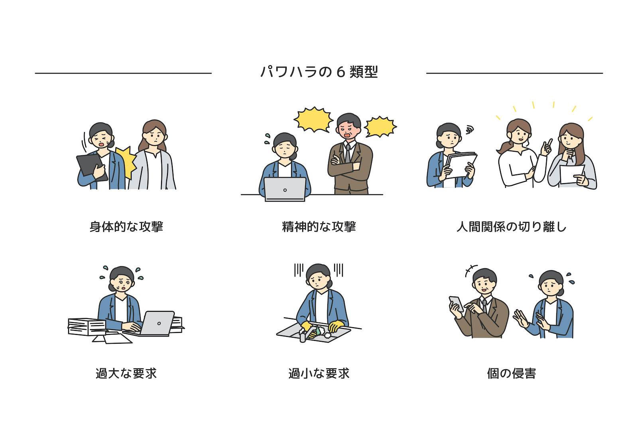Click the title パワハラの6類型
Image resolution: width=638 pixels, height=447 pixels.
tap(319, 72)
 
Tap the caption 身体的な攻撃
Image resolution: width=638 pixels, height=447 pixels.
tap(126, 227)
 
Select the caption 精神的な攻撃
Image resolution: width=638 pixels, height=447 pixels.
tap(319, 227)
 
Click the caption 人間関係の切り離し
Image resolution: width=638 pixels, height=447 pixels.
tap(512, 227)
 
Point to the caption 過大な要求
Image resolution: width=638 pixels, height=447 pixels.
tap(126, 373)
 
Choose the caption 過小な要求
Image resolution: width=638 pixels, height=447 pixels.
tap(319, 373)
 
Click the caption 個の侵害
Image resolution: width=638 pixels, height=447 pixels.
tap(512, 373)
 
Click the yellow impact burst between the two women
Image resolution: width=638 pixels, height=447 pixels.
tap(126, 162)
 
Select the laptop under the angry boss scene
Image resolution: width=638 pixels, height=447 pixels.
tap(285, 189)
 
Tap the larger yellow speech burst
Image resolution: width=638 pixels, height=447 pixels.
tap(313, 120)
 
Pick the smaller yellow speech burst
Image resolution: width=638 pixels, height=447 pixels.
tap(380, 127)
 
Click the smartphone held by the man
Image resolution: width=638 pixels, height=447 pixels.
tap(456, 304)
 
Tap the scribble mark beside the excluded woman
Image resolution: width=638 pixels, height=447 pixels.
tap(469, 130)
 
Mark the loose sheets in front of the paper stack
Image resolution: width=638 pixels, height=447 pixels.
tap(112, 339)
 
